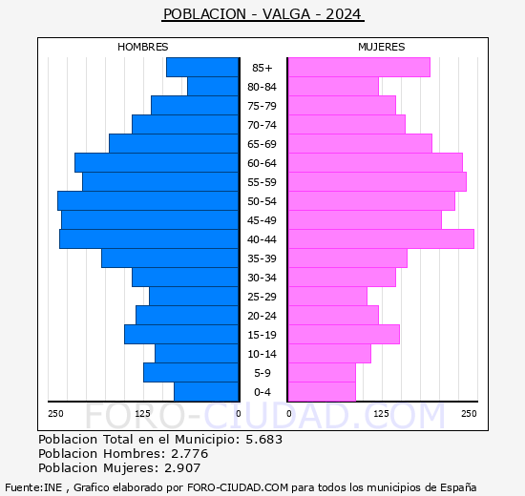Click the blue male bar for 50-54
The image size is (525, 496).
(x=148, y=201)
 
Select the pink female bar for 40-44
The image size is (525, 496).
(x=380, y=239)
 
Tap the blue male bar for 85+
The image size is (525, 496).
(x=202, y=68)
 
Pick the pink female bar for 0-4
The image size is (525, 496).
(x=321, y=392)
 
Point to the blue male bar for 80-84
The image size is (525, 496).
(x=213, y=87)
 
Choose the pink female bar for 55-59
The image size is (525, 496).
(x=376, y=182)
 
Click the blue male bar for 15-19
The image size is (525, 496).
(x=181, y=335)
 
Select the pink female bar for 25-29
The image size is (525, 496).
(x=326, y=297)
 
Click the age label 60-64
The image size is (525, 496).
(x=262, y=163)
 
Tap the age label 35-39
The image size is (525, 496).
(x=262, y=258)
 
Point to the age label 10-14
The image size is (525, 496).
(x=262, y=354)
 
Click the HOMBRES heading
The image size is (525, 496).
(x=143, y=47)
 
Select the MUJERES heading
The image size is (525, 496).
(x=381, y=47)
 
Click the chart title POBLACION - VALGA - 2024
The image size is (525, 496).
(x=262, y=14)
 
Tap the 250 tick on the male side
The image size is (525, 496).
(x=56, y=413)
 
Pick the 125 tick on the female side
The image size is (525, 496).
(x=381, y=413)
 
